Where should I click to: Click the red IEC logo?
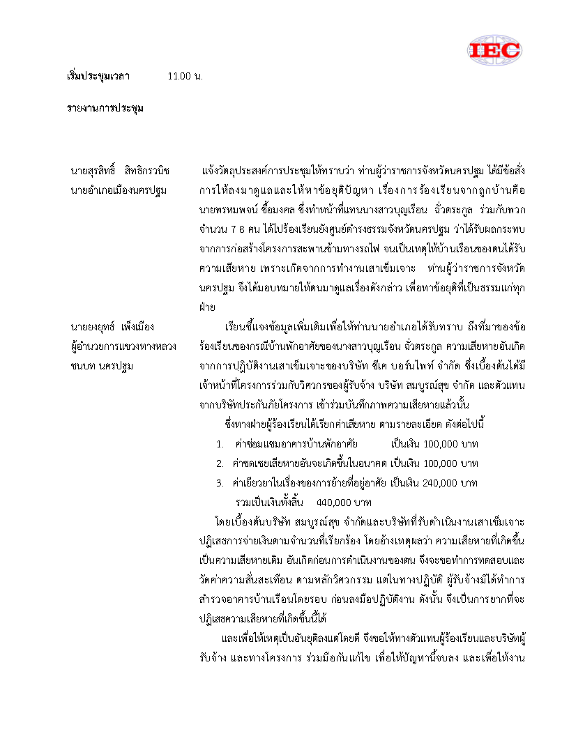click(x=494, y=49)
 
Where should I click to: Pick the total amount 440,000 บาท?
click(x=344, y=502)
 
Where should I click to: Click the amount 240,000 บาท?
click(x=450, y=482)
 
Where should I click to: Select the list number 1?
click(x=219, y=444)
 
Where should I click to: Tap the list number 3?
click(x=219, y=482)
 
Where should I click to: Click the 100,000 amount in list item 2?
click(x=450, y=463)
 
